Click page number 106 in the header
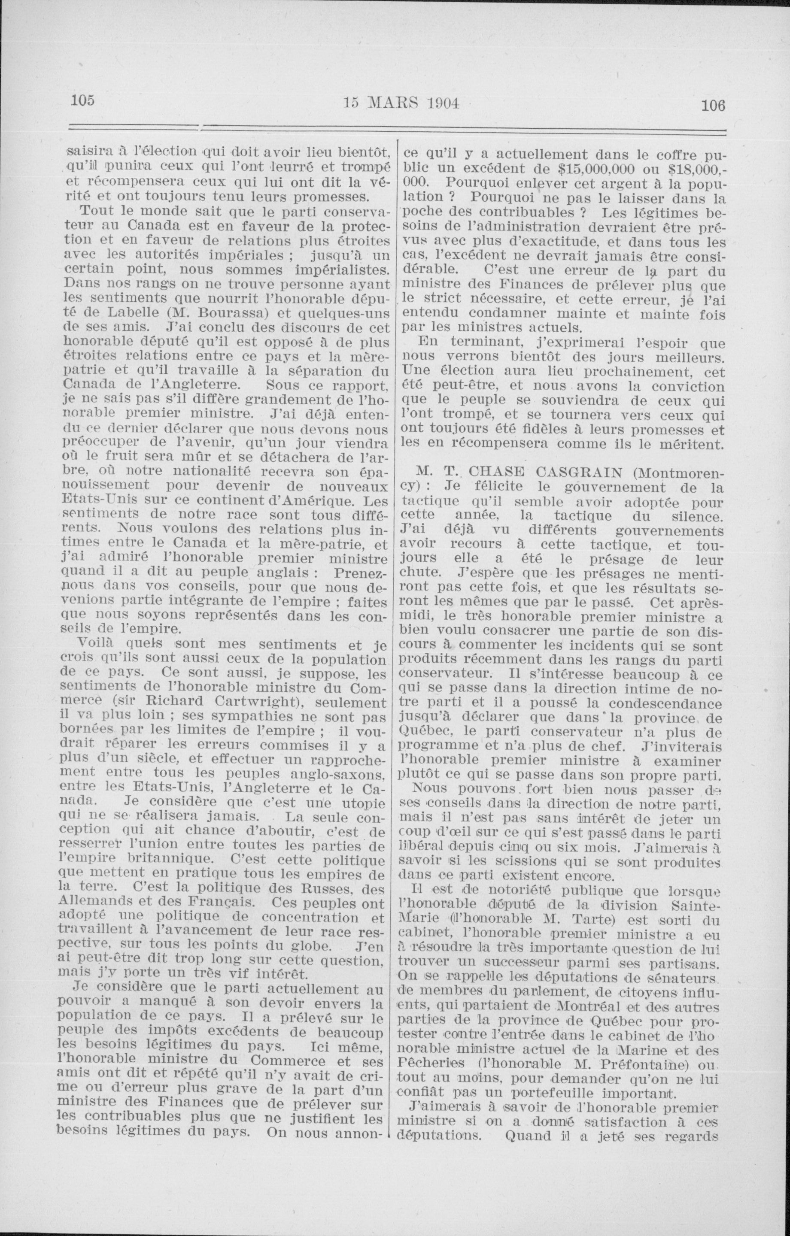point(713,105)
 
